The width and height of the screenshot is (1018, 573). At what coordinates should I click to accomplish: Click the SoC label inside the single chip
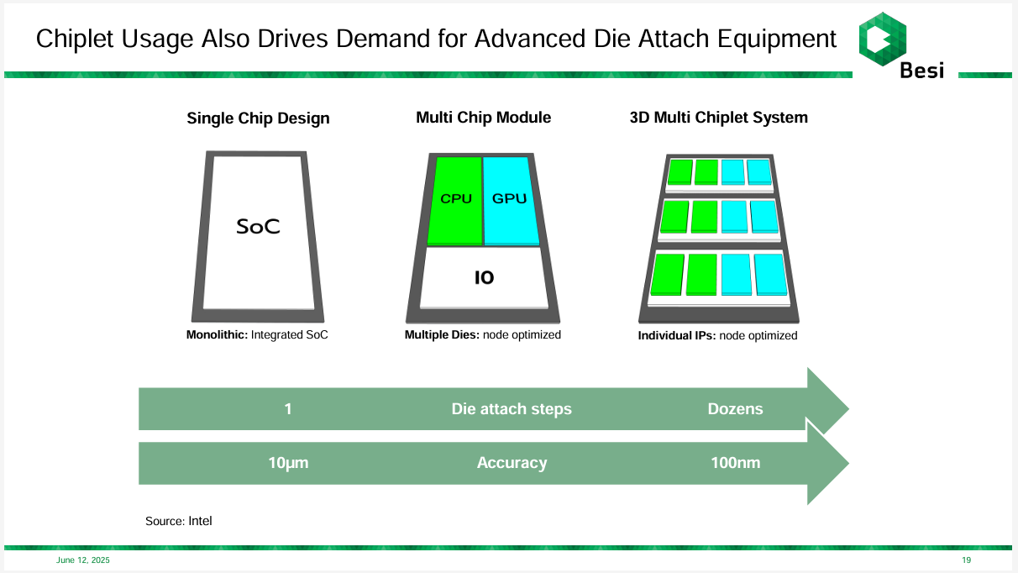pos(258,226)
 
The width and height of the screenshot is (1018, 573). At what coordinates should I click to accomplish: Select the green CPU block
pos(456,200)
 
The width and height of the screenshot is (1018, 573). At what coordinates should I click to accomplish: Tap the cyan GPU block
pos(509,200)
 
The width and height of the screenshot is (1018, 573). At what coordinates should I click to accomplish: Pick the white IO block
pos(484,277)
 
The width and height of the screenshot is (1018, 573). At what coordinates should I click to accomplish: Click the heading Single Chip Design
pos(258,118)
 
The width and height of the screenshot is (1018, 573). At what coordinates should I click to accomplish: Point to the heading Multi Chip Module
pos(483,118)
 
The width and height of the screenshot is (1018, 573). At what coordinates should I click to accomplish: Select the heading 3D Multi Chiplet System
pos(718,118)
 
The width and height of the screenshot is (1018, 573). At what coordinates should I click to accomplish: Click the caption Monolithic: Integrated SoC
pos(257,334)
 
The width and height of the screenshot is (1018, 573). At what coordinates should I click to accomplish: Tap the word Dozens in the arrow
pos(735,409)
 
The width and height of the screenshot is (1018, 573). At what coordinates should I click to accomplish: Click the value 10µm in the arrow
pos(288,463)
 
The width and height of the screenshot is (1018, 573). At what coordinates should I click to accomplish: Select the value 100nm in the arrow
pos(735,463)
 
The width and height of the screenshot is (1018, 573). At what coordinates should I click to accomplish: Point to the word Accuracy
pos(512,463)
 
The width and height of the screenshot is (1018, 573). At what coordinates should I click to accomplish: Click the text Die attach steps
pos(512,409)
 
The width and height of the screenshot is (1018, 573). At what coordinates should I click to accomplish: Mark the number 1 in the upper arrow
pos(288,409)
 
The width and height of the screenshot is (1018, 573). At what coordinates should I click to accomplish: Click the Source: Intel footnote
pos(179,521)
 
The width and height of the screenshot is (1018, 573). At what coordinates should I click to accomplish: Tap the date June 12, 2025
pos(83,560)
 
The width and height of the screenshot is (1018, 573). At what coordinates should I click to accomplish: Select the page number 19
pos(966,560)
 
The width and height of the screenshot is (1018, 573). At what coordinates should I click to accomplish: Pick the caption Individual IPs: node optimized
pos(717,335)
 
